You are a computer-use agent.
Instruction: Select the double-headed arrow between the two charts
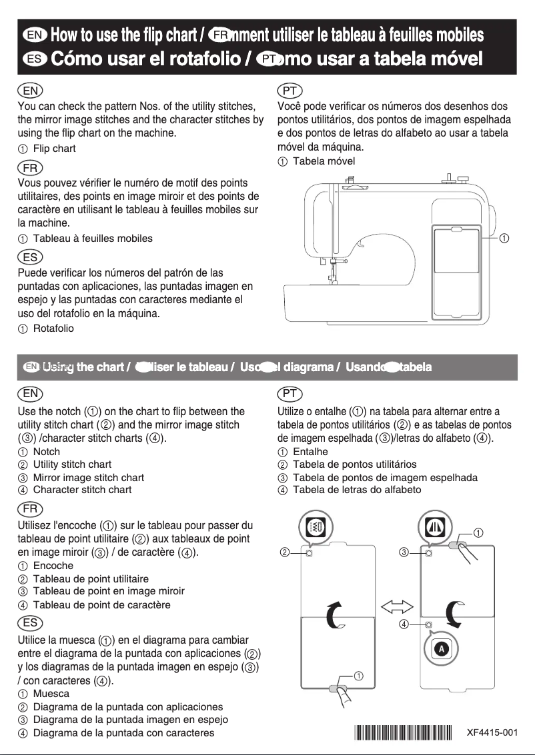(397, 606)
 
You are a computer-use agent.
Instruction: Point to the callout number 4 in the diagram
(404, 624)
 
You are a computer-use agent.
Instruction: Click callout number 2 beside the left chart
(285, 552)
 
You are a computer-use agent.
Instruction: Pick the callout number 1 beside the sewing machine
(505, 238)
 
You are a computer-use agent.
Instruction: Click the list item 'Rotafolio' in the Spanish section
(53, 329)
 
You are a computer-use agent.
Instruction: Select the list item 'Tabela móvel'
(324, 161)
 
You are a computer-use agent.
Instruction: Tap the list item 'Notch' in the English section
(46, 452)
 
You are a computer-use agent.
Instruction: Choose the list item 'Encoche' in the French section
(53, 566)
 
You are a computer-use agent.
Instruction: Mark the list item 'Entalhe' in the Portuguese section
(310, 452)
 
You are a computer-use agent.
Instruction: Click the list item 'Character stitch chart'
(82, 490)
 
